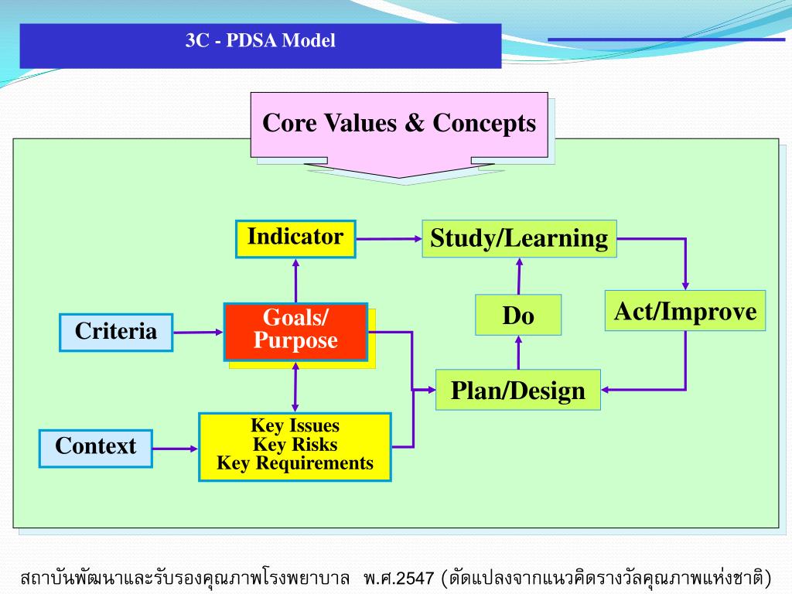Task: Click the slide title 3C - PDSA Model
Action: coord(261,41)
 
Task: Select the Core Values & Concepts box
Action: coord(399,124)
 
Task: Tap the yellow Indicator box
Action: coord(295,238)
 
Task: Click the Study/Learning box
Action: coord(519,238)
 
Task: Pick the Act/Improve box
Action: coord(685,311)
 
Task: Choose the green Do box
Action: coord(518,316)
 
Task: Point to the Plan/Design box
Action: coord(518,390)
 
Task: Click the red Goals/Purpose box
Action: coord(295,331)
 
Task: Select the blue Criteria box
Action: coord(116,333)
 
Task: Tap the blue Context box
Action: coord(96,447)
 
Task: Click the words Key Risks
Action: coord(295,445)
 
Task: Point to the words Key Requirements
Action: coord(295,463)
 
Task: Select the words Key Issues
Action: coord(295,426)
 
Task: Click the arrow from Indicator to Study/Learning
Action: coord(388,238)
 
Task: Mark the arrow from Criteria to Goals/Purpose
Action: coord(198,333)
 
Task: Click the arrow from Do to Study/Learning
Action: coord(519,275)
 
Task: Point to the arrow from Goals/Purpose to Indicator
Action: coord(295,280)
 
